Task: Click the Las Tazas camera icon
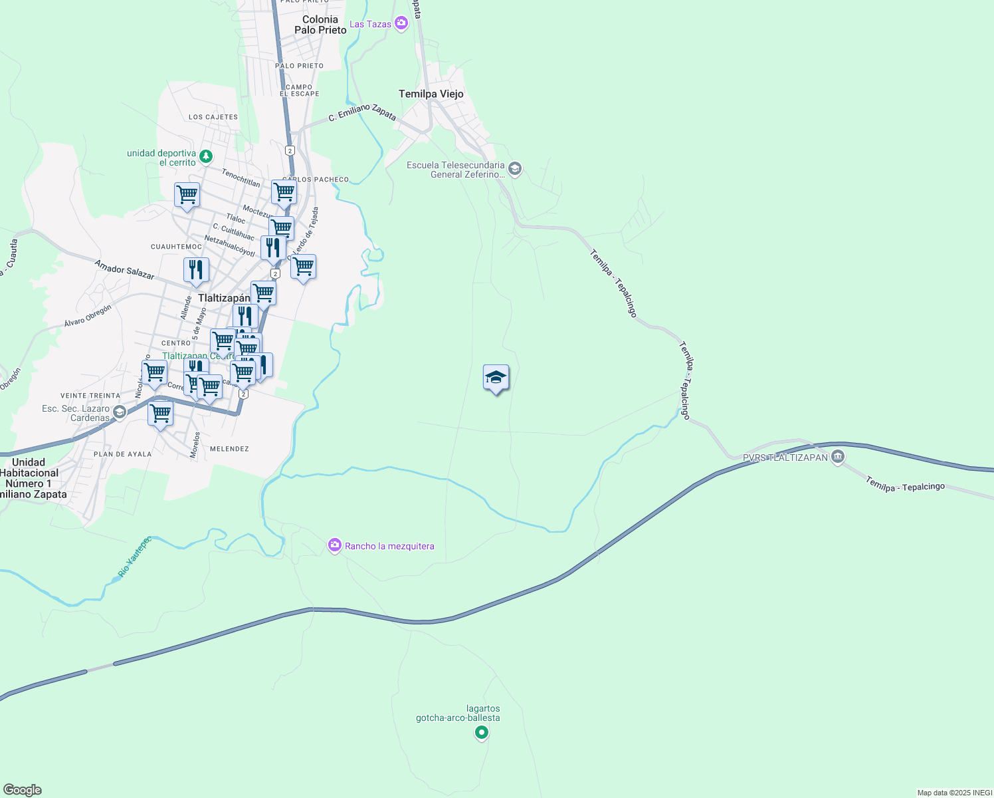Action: click(401, 24)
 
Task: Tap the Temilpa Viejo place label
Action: click(431, 94)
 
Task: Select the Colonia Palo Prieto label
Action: click(320, 25)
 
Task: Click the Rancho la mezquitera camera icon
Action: click(335, 546)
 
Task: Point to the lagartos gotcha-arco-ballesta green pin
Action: click(482, 733)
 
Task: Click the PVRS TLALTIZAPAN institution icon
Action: click(838, 457)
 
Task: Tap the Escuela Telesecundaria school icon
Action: click(515, 170)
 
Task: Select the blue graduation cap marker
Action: click(496, 378)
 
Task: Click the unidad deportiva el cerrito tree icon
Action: click(207, 156)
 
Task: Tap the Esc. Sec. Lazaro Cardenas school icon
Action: click(119, 412)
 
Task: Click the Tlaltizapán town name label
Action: click(224, 298)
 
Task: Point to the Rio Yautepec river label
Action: click(134, 557)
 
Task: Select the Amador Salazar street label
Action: click(124, 269)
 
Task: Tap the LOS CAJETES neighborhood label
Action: click(213, 117)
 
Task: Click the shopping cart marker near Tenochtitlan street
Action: click(187, 196)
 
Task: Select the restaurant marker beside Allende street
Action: click(196, 270)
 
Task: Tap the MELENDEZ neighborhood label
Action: click(229, 449)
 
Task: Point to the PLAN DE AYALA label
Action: click(122, 454)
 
